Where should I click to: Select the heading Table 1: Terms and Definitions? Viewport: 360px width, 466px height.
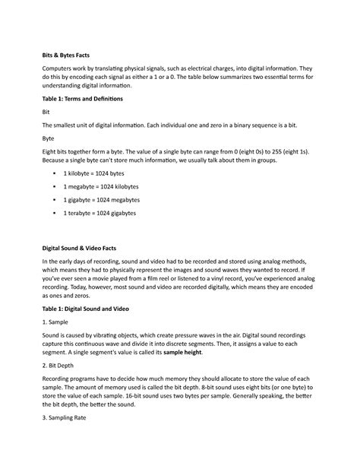coord(82,100)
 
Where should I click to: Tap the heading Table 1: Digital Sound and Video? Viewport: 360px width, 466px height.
coord(85,310)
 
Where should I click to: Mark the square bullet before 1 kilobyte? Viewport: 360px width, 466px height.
coord(55,174)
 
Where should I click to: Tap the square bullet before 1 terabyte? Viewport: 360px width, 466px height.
coord(55,214)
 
